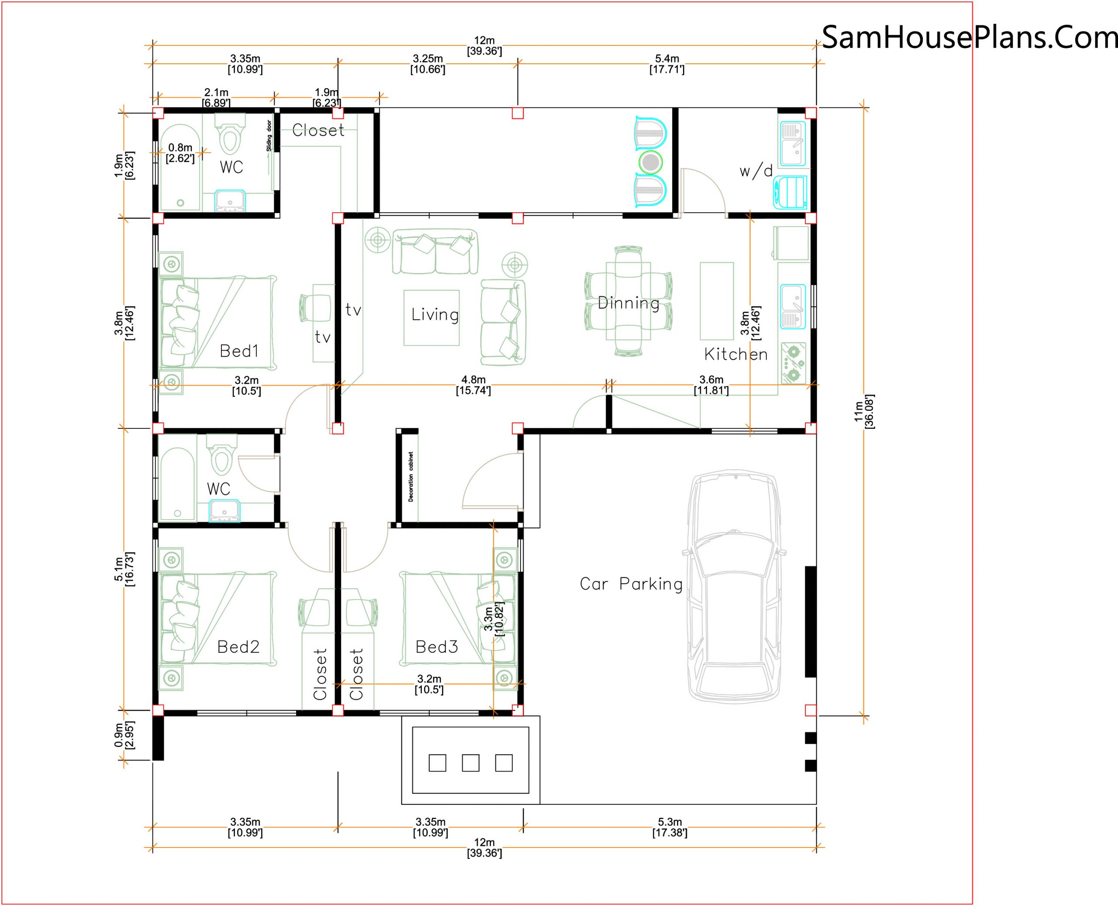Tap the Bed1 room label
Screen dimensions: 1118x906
pyautogui.click(x=239, y=351)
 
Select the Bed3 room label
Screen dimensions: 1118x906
pyautogui.click(x=436, y=647)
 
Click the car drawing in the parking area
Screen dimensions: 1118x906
pyautogui.click(x=735, y=586)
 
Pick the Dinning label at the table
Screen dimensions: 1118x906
pyautogui.click(x=628, y=303)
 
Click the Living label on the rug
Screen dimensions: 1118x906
pyautogui.click(x=435, y=314)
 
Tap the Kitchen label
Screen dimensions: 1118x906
pyautogui.click(x=736, y=355)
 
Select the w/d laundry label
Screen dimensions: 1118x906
pyautogui.click(x=756, y=171)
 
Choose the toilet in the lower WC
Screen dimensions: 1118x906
pyautogui.click(x=222, y=455)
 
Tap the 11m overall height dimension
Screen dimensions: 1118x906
pyautogui.click(x=864, y=411)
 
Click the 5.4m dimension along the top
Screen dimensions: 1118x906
pyautogui.click(x=666, y=64)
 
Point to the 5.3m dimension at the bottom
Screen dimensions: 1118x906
pyautogui.click(x=669, y=827)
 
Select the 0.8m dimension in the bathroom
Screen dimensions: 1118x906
pyautogui.click(x=180, y=153)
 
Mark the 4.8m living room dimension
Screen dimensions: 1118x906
pyautogui.click(x=473, y=385)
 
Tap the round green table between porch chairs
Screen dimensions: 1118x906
pyautogui.click(x=650, y=162)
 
